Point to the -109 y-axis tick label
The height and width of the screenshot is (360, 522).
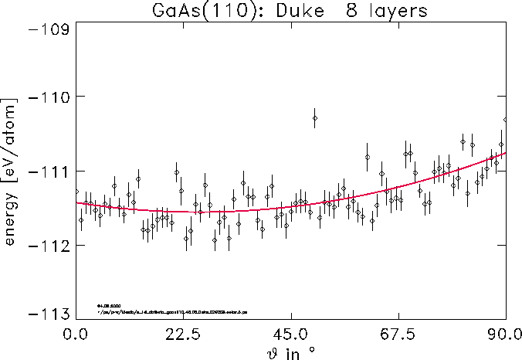pos(47,29)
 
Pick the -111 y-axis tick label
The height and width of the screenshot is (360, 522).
pos(47,171)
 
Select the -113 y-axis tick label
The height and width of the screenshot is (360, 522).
pos(47,314)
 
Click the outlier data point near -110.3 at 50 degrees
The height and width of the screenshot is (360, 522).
pos(315,117)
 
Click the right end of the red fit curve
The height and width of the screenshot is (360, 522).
pos(505,153)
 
